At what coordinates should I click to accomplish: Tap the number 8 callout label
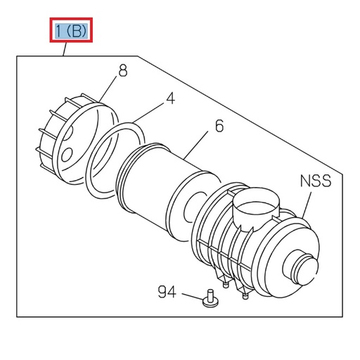(122, 70)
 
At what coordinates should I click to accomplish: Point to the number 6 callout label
(219, 127)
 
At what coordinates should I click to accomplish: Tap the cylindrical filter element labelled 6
(162, 184)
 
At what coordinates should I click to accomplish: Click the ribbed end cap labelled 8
(70, 141)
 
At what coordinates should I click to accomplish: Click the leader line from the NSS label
(308, 204)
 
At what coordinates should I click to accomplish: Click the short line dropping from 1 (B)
(65, 49)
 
